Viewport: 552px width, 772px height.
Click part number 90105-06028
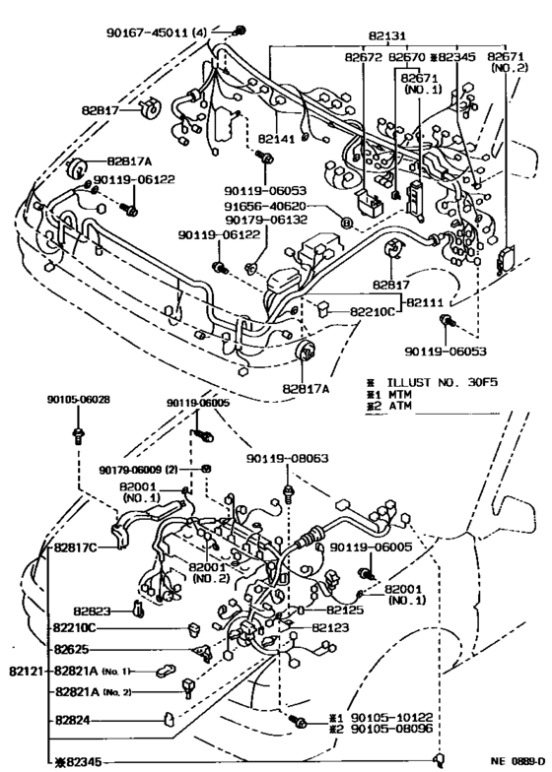pos(78,400)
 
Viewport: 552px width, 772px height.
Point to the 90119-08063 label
pos(287,458)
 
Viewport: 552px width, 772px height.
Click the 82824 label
pos(76,721)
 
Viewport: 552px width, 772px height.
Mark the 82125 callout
pos(330,611)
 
